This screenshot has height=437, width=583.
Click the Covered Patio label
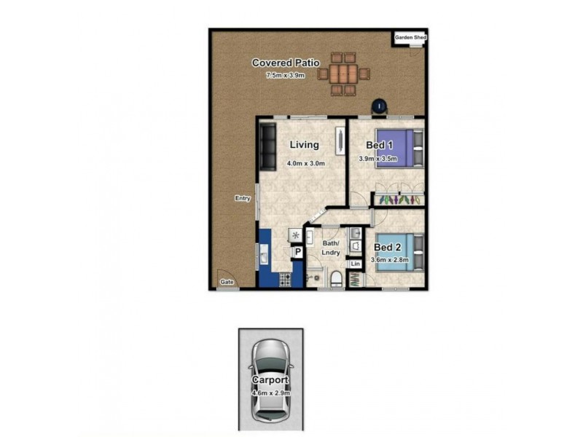(x=286, y=63)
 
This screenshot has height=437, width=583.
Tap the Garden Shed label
(x=410, y=38)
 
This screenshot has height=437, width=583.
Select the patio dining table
(x=343, y=74)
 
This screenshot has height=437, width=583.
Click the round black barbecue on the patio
(x=379, y=106)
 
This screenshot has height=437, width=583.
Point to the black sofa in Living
(x=267, y=147)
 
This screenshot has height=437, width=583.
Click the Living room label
(x=304, y=144)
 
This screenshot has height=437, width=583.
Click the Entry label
(x=243, y=198)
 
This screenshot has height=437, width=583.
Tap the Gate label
(x=227, y=282)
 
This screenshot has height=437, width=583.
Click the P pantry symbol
(x=298, y=252)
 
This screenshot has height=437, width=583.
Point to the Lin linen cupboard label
(x=355, y=264)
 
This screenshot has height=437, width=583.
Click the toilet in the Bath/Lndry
(x=337, y=279)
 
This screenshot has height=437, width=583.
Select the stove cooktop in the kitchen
(x=285, y=280)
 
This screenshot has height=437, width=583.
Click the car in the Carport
(x=271, y=381)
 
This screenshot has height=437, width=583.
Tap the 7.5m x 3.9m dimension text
(x=285, y=76)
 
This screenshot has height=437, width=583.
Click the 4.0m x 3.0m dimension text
(x=305, y=163)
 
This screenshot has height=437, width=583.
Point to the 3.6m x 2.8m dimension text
(x=390, y=260)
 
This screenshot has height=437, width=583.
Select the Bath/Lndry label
(x=331, y=248)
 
